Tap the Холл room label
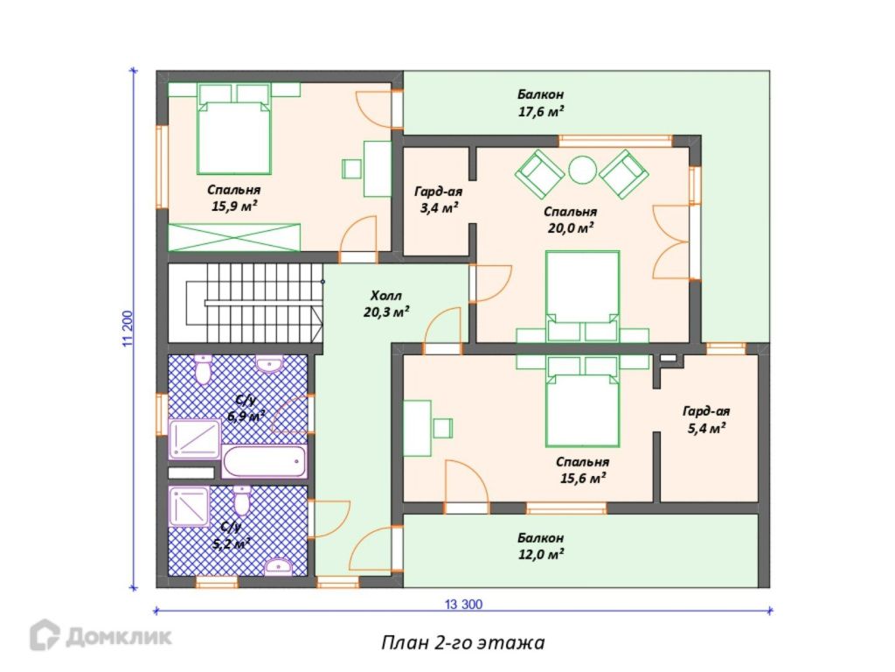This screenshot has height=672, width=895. click(x=386, y=296)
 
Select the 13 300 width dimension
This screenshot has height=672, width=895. click(x=463, y=604)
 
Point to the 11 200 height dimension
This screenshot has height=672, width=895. click(x=128, y=329)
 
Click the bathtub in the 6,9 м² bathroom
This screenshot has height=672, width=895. click(x=264, y=462)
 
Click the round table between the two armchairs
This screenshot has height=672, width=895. click(x=582, y=170)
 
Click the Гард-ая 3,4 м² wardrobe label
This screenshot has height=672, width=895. click(x=439, y=200)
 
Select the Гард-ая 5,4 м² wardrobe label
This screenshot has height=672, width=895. click(x=706, y=419)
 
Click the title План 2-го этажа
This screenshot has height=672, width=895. click(x=463, y=643)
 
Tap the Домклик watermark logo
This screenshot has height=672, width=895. click(x=101, y=635)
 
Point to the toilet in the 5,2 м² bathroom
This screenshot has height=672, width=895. click(x=242, y=500)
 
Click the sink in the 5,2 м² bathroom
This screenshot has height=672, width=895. click(x=279, y=566)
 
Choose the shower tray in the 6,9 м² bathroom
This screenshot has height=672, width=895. click(x=195, y=439)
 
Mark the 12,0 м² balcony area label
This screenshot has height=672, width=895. click(x=541, y=546)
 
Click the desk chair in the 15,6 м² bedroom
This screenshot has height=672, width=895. click(x=443, y=428)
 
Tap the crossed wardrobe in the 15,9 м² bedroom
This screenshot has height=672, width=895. click(x=234, y=237)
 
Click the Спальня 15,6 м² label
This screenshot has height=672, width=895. click(x=582, y=470)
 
